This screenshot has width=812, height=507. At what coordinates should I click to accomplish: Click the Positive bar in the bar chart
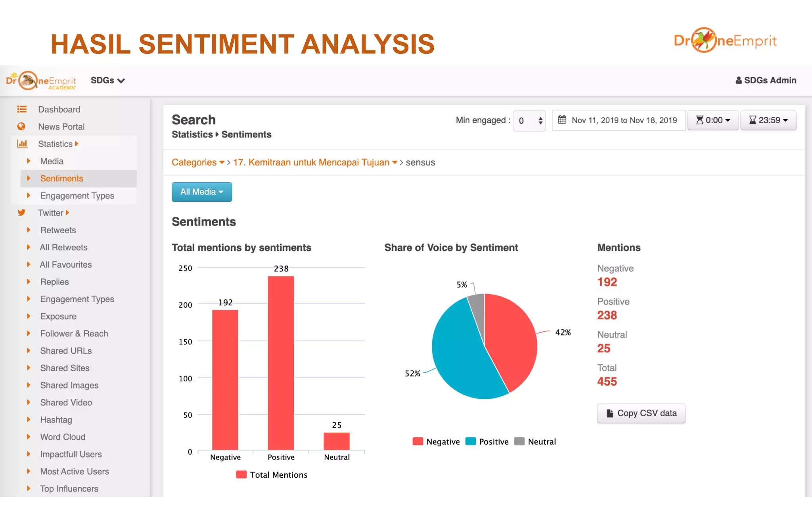click(x=281, y=362)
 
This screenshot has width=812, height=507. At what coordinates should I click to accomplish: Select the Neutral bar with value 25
click(x=336, y=440)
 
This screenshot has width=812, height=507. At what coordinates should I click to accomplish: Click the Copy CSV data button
click(x=641, y=413)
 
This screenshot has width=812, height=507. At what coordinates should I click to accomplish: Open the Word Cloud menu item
click(x=63, y=437)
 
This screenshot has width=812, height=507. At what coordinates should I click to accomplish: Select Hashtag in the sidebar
click(x=56, y=419)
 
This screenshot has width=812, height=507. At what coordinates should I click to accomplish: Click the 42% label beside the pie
click(x=563, y=332)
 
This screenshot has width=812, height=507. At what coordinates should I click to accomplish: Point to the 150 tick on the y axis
click(x=185, y=341)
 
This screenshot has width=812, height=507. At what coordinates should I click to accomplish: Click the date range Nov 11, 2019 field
click(x=619, y=120)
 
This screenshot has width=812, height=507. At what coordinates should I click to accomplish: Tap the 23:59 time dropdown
click(x=768, y=120)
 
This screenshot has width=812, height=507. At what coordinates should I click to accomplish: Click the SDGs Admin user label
click(x=766, y=80)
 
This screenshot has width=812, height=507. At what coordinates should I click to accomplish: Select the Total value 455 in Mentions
click(x=607, y=381)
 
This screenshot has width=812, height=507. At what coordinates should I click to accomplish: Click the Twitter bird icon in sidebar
click(x=21, y=213)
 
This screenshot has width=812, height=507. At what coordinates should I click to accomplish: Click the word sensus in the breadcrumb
click(x=420, y=162)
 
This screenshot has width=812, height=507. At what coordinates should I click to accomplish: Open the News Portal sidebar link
click(x=61, y=127)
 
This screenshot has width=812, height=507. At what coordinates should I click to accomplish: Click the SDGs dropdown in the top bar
click(x=107, y=80)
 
